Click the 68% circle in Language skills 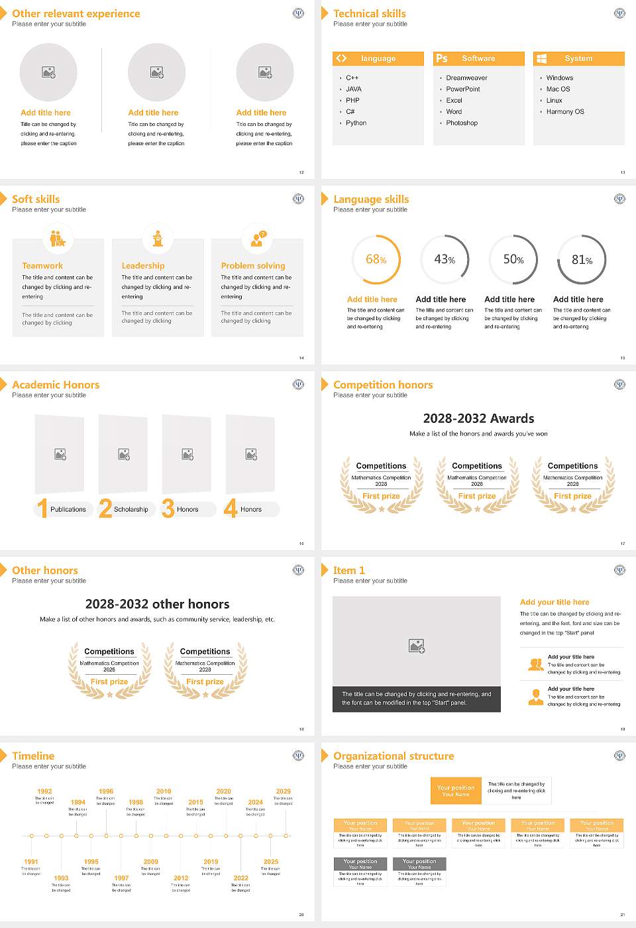click(376, 259)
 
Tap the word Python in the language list click(356, 123)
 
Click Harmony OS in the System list click(565, 112)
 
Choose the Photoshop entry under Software click(462, 123)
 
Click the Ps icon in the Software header click(442, 58)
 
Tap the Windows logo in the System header click(542, 58)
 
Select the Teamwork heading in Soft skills click(42, 266)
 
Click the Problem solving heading click(253, 266)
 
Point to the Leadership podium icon click(158, 239)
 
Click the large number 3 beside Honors click(168, 508)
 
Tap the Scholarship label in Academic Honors click(131, 510)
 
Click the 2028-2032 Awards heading click(478, 418)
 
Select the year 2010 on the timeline click(164, 791)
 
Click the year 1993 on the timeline click(61, 878)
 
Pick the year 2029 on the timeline click(284, 791)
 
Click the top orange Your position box click(456, 791)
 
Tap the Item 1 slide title click(348, 570)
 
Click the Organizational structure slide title click(394, 756)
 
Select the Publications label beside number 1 click(68, 510)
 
